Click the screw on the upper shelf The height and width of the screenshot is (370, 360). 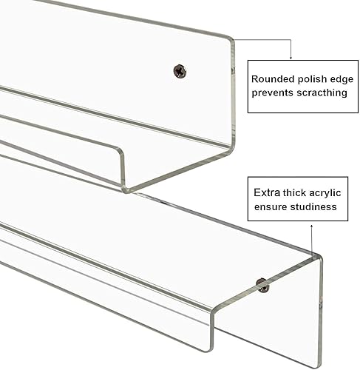(180, 71)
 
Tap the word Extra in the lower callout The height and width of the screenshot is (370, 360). (267, 192)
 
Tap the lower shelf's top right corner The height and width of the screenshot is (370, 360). (319, 257)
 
